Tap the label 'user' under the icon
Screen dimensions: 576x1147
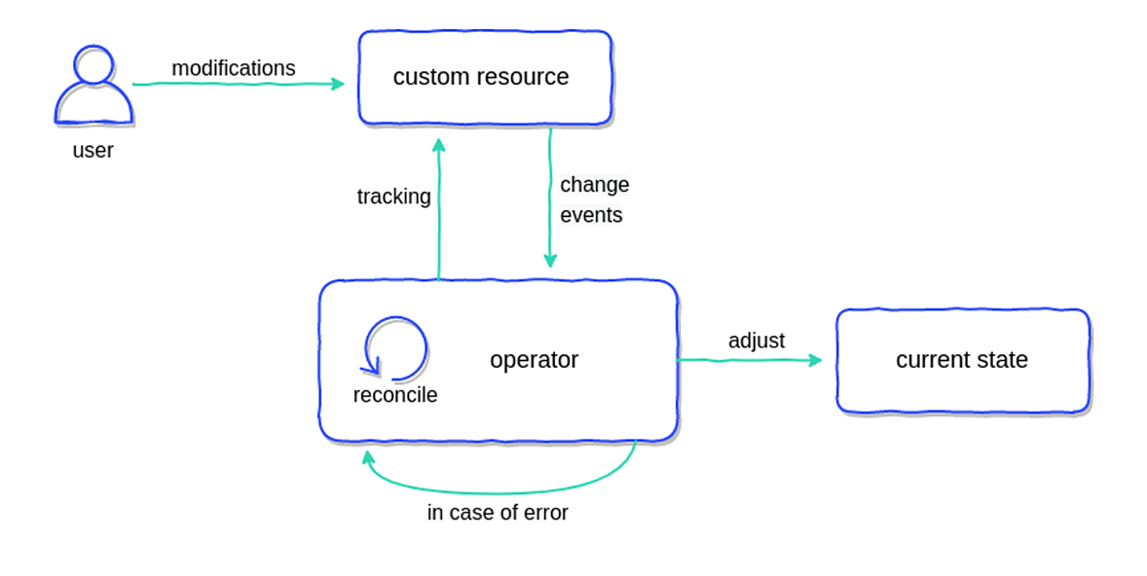point(92,151)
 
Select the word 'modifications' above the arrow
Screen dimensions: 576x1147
point(234,68)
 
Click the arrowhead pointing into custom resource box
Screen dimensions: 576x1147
point(338,84)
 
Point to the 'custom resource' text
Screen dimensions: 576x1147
point(481,77)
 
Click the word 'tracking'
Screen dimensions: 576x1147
point(393,197)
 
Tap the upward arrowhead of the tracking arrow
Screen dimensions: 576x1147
point(439,145)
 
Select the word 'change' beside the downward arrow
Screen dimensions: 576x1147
point(594,185)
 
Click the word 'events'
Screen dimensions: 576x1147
point(591,215)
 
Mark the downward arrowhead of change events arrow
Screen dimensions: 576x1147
point(550,261)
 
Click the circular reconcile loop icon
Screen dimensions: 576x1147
point(395,348)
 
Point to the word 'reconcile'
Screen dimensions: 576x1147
point(395,395)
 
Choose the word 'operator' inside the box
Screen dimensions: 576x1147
point(534,360)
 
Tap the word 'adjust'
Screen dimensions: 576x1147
point(757,341)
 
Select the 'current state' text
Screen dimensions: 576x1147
point(962,360)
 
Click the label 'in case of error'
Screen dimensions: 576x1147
point(498,513)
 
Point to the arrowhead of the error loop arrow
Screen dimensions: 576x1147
point(368,456)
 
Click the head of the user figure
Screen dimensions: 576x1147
point(93,64)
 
